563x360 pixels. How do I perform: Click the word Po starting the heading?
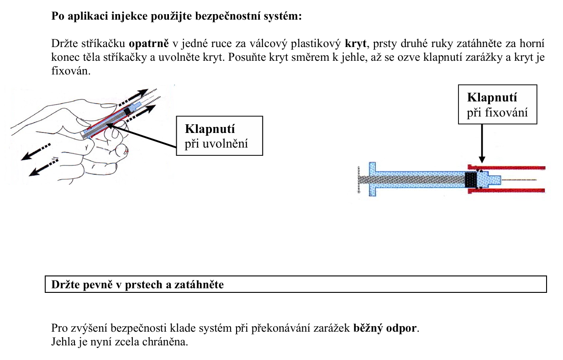point(58,17)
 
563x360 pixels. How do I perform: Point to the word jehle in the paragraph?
point(347,58)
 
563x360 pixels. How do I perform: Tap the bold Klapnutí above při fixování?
point(492,98)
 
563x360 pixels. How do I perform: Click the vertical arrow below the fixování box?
point(481,144)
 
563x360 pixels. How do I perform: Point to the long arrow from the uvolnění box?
point(142,135)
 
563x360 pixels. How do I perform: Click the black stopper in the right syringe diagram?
point(470,180)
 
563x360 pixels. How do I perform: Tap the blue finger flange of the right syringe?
point(372,179)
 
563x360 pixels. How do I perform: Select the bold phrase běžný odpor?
point(385,328)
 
